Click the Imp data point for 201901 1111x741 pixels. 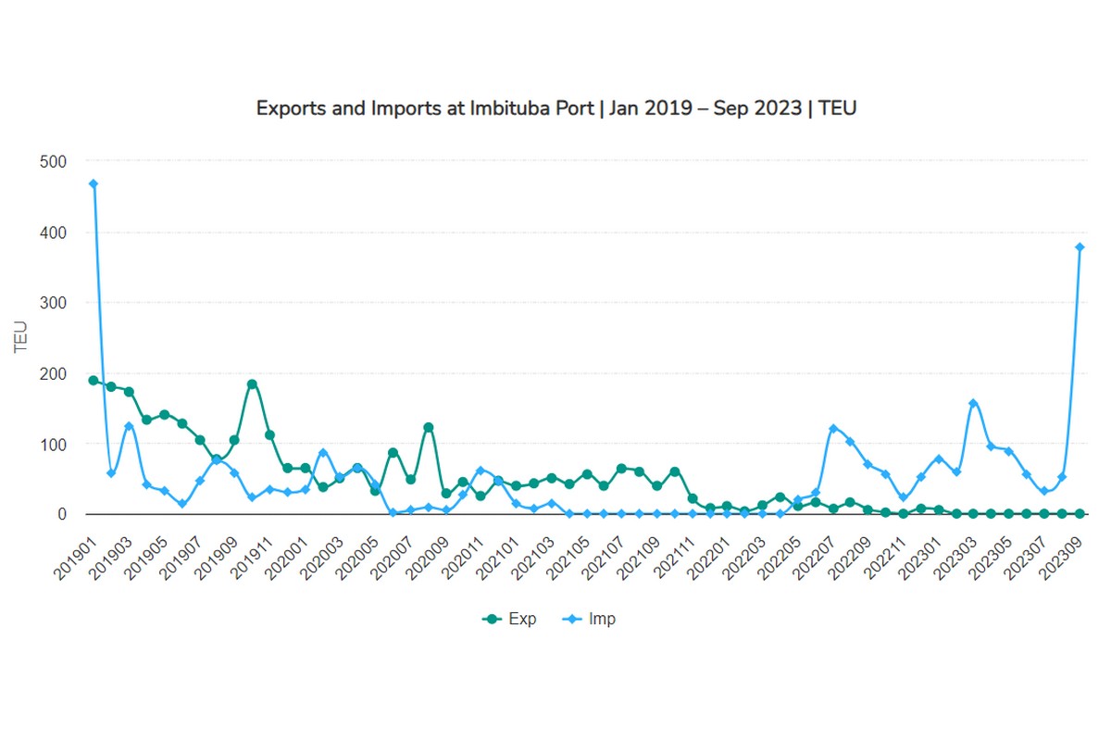point(94,183)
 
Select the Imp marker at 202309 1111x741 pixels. point(1080,247)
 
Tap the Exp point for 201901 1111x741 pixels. point(94,380)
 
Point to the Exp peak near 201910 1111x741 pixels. point(252,383)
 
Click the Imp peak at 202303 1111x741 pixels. point(973,403)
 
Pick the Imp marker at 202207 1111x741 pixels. point(833,428)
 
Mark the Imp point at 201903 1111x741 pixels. point(129,426)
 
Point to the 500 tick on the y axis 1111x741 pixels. point(54,161)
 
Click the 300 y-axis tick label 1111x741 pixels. point(54,303)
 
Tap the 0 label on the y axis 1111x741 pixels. point(62,514)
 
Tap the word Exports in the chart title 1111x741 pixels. point(287,107)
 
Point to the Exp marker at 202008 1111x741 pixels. point(428,427)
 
